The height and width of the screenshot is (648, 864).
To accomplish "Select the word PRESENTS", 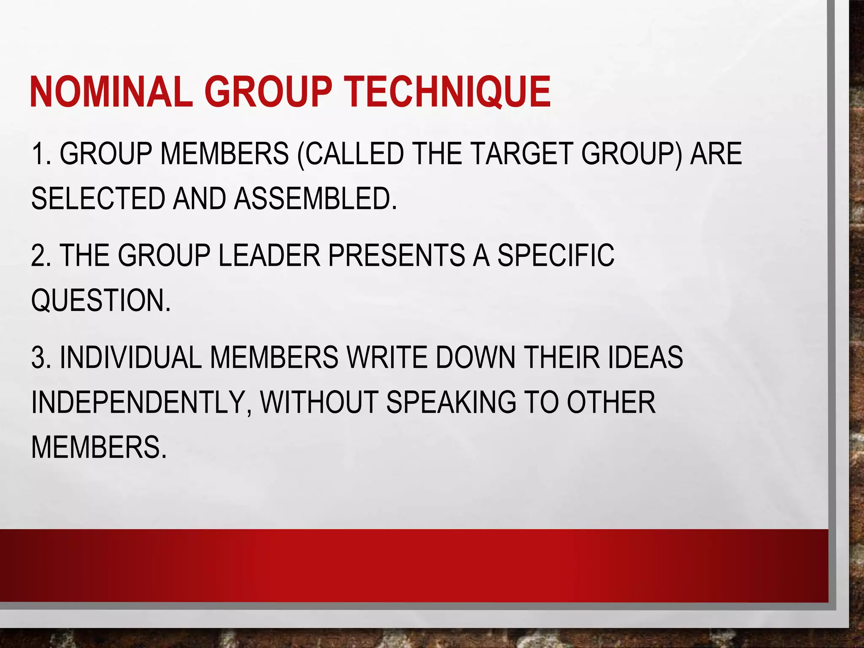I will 396,256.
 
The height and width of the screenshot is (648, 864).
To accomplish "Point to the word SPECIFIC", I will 556,256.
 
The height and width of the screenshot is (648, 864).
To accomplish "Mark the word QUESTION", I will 100,300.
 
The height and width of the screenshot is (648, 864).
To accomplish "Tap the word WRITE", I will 387,358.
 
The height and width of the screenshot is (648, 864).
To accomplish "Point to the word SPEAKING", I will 451,402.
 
